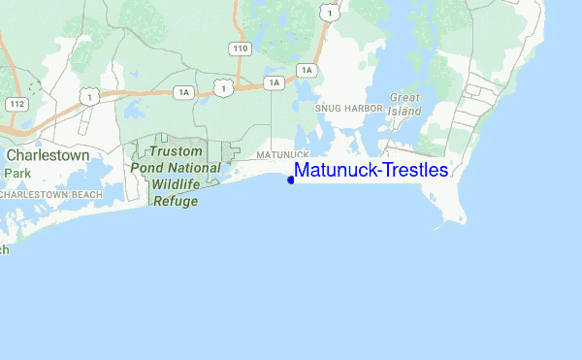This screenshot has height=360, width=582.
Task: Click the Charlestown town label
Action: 48,154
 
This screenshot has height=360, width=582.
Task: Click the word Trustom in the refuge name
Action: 176,152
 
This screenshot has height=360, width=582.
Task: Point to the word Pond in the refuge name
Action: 146,169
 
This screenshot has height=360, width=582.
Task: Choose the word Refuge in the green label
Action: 175,202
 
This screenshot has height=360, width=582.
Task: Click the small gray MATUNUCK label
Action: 283,155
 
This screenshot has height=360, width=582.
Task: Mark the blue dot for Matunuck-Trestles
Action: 291,180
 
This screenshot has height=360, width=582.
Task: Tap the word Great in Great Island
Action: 404,98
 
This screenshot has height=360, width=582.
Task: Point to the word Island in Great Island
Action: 404,111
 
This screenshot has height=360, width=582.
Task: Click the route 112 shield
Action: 16,103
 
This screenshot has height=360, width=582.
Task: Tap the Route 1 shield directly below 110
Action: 224,88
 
